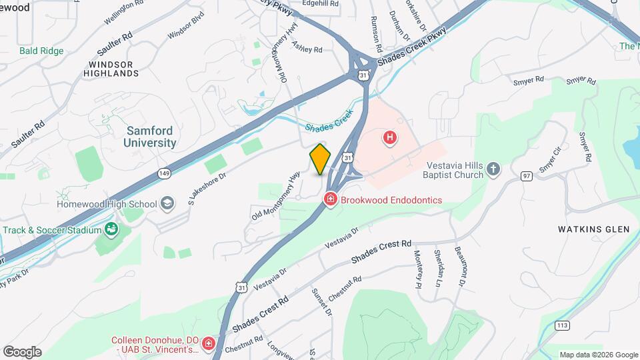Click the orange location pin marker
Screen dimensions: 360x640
pyautogui.click(x=320, y=159)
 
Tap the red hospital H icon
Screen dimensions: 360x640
pyautogui.click(x=389, y=138)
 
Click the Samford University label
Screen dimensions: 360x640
pyautogui.click(x=151, y=137)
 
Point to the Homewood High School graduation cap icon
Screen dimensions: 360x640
pyautogui.click(x=167, y=203)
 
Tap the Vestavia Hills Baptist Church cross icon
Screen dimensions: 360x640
pyautogui.click(x=493, y=169)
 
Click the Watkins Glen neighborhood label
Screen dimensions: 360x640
pyautogui.click(x=593, y=229)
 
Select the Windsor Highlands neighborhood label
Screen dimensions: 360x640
pyautogui.click(x=109, y=69)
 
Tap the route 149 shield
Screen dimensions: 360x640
pyautogui.click(x=164, y=173)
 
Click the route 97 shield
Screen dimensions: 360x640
pyautogui.click(x=527, y=175)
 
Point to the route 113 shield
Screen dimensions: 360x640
pyautogui.click(x=561, y=325)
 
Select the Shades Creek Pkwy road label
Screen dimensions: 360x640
pyautogui.click(x=411, y=47)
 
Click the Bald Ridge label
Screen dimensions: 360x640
pyautogui.click(x=41, y=51)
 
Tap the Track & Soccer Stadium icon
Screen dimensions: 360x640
pyautogui.click(x=111, y=231)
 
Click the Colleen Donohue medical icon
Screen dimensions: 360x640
pyautogui.click(x=209, y=344)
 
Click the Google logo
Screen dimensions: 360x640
pyautogui.click(x=22, y=351)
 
